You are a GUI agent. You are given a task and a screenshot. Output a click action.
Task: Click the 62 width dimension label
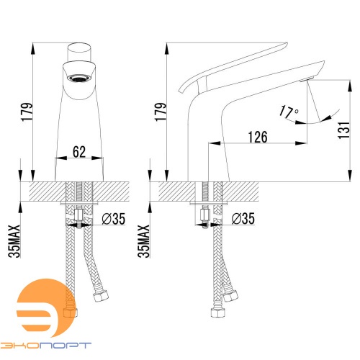(79, 152)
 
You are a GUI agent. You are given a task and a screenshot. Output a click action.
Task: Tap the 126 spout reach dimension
(258, 137)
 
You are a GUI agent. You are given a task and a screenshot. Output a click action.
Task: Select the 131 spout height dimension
(343, 130)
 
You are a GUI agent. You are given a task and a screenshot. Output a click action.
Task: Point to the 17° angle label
(289, 112)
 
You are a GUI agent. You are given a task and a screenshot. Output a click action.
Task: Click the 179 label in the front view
(27, 112)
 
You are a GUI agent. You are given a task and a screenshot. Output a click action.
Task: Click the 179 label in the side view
(161, 112)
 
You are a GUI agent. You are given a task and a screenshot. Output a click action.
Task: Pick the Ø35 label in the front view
(114, 219)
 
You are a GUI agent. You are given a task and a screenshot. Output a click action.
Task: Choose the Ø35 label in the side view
(243, 219)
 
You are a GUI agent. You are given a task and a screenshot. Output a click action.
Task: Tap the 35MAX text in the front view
(14, 241)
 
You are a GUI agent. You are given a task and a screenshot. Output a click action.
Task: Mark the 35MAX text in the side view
(143, 241)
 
